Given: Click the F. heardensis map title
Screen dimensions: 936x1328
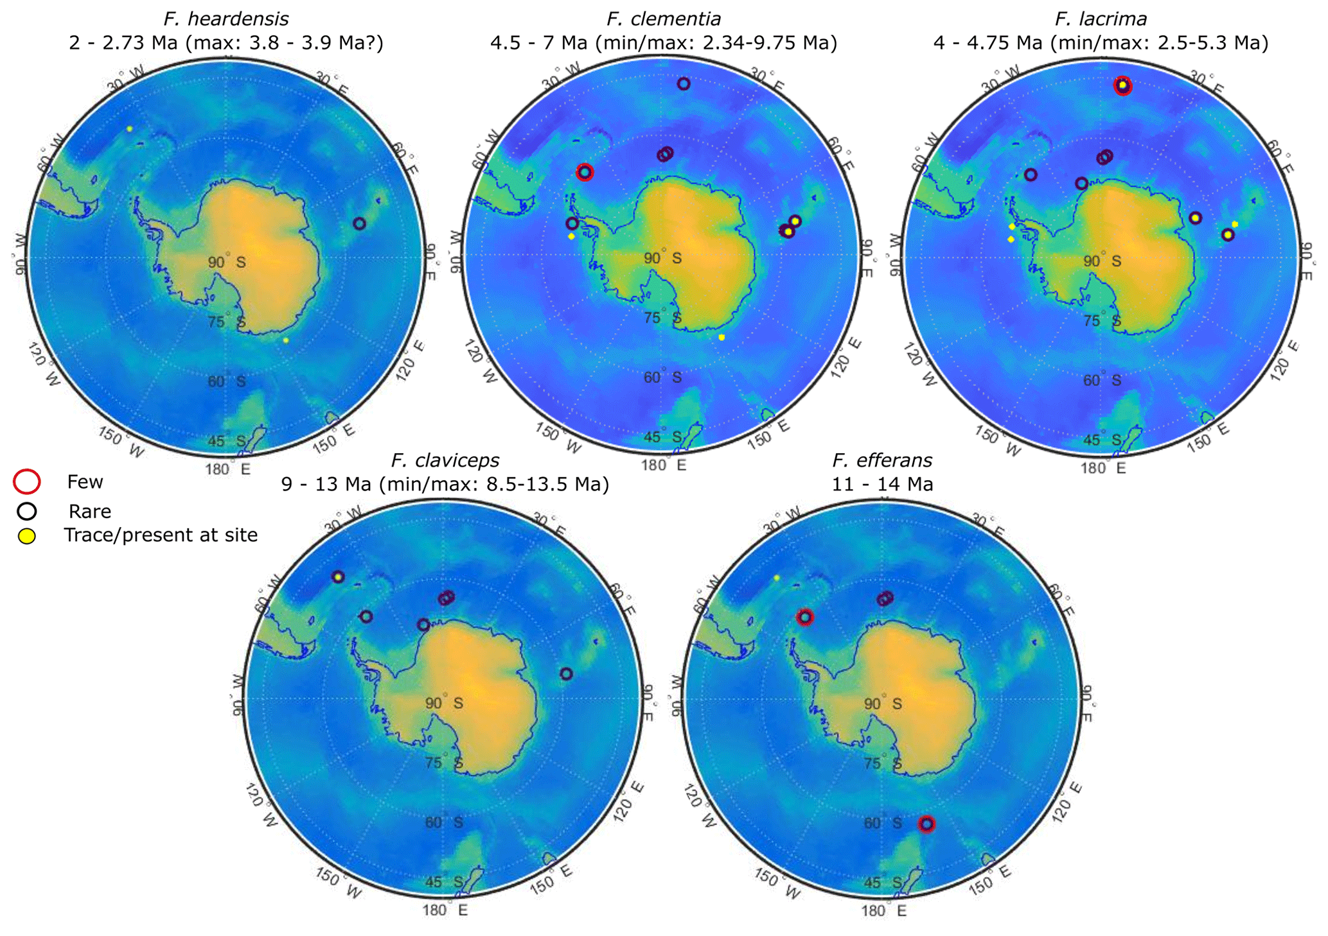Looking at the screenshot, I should [x=226, y=19].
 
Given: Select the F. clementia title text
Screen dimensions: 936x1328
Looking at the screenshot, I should [x=664, y=19].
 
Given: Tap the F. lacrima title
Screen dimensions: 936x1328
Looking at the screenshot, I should [x=1101, y=19].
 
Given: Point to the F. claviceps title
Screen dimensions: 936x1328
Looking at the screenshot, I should [x=445, y=460].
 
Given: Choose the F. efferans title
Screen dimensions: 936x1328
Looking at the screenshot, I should [x=882, y=460].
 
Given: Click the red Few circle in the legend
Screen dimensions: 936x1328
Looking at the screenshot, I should [x=27, y=481].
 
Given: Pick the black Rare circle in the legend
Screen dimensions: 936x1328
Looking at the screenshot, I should [x=27, y=511].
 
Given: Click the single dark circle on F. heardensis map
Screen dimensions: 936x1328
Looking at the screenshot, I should [x=359, y=223].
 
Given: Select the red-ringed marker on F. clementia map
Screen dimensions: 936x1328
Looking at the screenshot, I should [x=585, y=172].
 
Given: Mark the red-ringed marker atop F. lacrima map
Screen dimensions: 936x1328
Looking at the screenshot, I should [x=1122, y=85].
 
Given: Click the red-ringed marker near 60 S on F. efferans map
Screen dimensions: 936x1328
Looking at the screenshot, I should [x=926, y=824].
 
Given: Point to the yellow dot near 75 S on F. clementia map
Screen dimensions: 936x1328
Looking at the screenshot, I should [x=722, y=337].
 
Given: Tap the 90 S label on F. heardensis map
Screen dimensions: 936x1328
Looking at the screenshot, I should [x=226, y=263].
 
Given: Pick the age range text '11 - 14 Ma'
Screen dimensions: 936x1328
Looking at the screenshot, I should [x=882, y=484].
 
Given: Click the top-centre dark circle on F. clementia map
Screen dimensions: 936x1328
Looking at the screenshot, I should [x=684, y=83].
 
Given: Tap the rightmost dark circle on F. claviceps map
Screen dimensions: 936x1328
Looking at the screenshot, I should [x=566, y=673].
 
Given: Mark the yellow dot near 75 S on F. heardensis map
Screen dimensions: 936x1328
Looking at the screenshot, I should [x=286, y=340].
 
